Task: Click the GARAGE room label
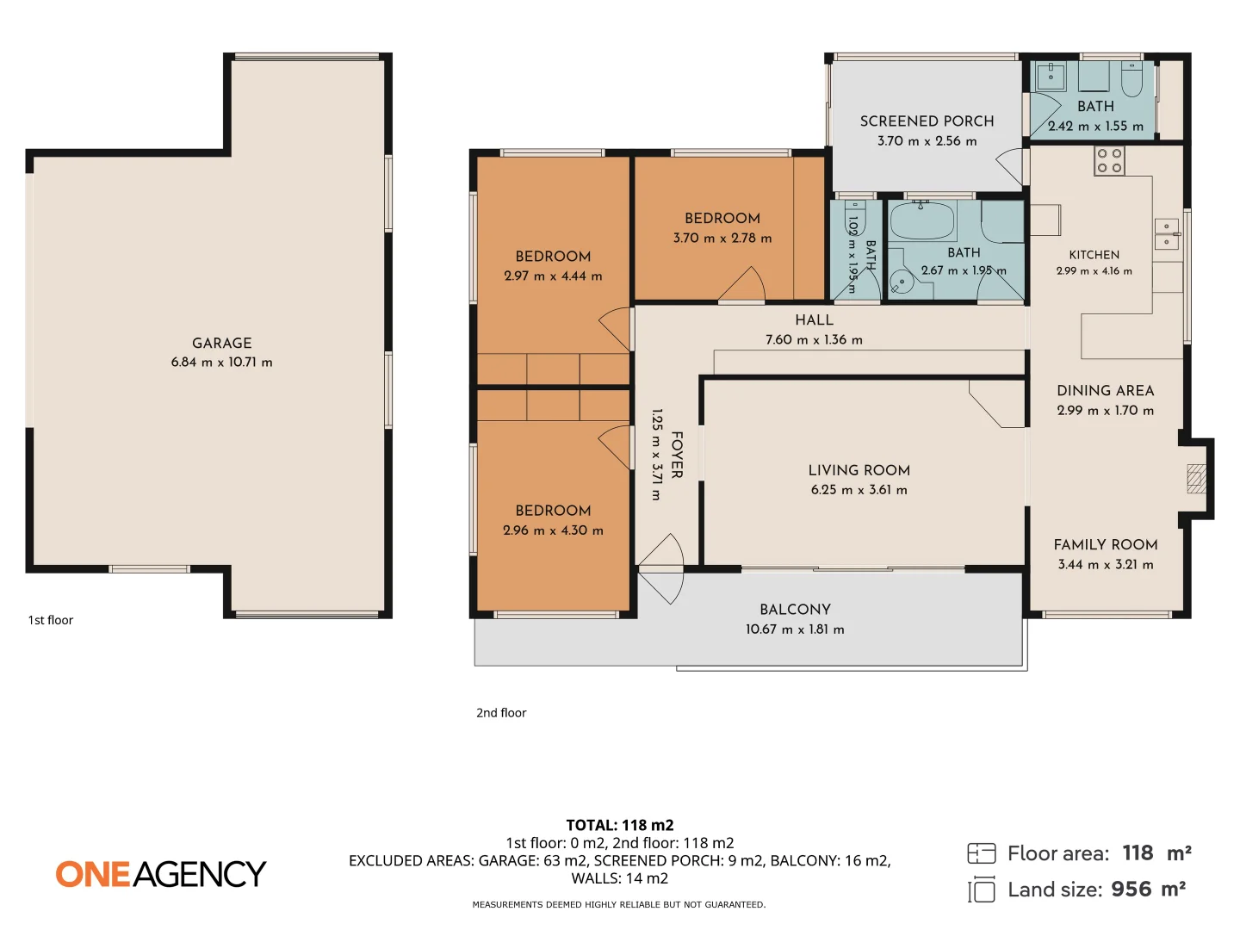coord(221,343)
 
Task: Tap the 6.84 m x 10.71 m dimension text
coord(221,362)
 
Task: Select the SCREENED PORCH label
coord(927,121)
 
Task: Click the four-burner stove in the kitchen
coord(1109,160)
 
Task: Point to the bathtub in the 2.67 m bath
coord(922,220)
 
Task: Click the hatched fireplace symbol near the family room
coord(1196,478)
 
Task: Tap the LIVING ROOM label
coord(859,470)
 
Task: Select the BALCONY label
coord(795,610)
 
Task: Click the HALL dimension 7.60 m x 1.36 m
coord(814,339)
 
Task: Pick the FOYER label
coord(677,455)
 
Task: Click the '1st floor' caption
coord(51,619)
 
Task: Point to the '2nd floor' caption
coord(501,713)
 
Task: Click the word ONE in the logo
coord(93,873)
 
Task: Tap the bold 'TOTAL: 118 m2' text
coord(620,825)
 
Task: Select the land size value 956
coord(1131,890)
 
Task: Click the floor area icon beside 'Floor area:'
coord(982,853)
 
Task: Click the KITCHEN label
coord(1094,255)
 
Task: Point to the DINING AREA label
coord(1105,390)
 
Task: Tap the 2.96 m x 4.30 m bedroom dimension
coord(553,530)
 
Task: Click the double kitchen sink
coord(1166,233)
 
